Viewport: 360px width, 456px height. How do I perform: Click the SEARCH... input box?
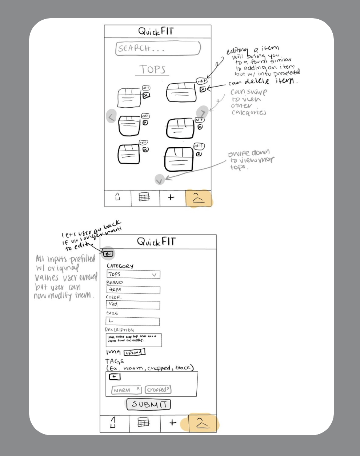tap(158, 48)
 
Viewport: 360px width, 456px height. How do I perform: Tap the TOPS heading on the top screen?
tap(152, 69)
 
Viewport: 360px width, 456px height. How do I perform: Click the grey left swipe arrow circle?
tap(112, 116)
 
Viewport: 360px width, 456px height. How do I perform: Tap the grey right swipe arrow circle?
tap(203, 112)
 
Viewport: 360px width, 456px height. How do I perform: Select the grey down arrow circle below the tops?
tap(159, 180)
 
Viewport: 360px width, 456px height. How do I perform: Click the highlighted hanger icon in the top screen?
tap(198, 198)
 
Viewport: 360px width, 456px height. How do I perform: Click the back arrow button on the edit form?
tap(108, 254)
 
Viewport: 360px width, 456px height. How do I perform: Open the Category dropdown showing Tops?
tap(133, 275)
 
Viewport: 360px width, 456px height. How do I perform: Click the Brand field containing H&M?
tap(133, 290)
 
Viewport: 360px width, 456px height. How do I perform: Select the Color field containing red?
tap(133, 305)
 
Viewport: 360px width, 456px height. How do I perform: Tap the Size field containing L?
tap(133, 321)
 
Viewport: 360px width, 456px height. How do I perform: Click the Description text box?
tap(134, 340)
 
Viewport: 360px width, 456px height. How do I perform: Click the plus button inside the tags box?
tap(115, 377)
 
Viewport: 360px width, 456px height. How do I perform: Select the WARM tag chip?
tap(126, 390)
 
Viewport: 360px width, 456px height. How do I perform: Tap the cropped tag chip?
tap(158, 389)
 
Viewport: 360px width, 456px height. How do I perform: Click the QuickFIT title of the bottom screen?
tap(156, 242)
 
